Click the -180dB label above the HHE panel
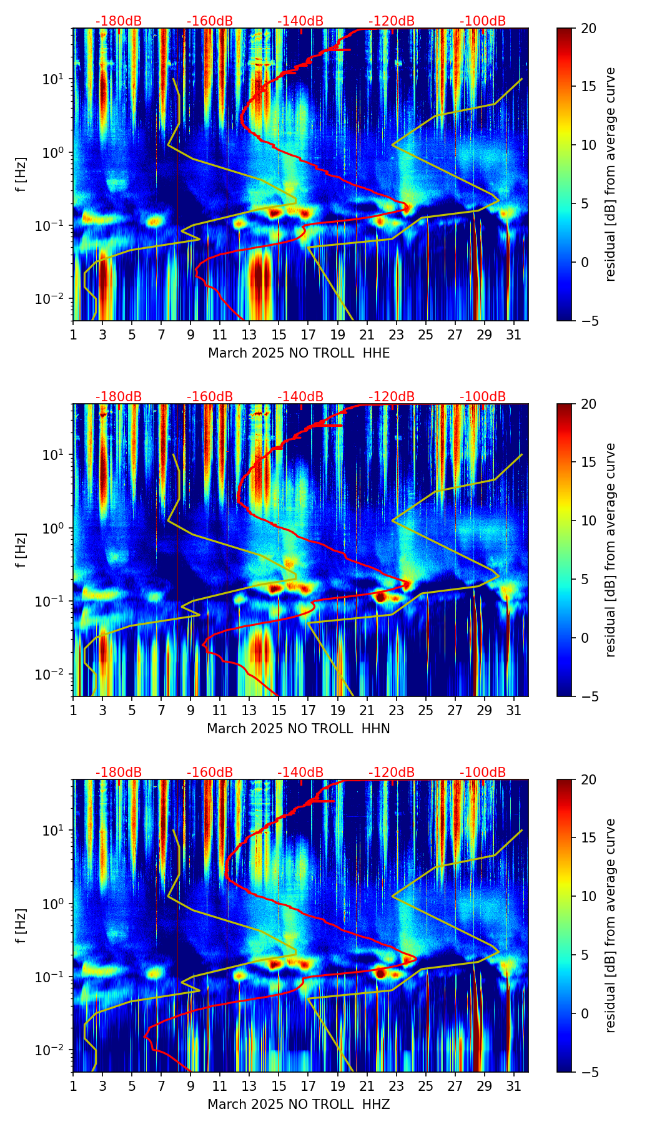click(x=119, y=21)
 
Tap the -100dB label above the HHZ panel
click(x=483, y=773)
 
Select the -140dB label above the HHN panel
click(x=300, y=397)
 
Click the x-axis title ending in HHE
click(x=299, y=353)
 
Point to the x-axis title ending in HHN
click(x=299, y=729)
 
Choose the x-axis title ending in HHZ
click(x=299, y=1105)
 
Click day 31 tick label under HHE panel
click(x=513, y=336)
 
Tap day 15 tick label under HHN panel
click(x=279, y=712)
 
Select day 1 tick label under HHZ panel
click(x=74, y=1088)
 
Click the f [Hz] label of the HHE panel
click(x=21, y=175)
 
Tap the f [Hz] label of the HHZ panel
click(x=21, y=926)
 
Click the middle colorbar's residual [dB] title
click(x=611, y=550)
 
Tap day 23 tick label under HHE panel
click(x=396, y=336)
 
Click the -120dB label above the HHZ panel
click(x=392, y=773)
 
